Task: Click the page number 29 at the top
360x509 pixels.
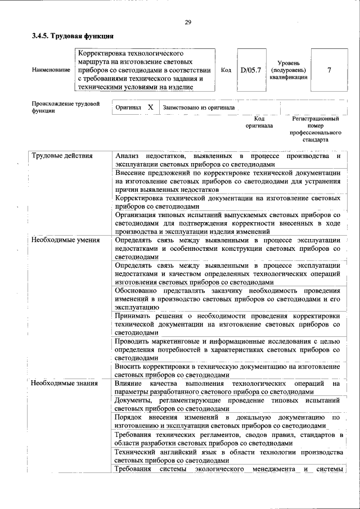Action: pyautogui.click(x=188, y=22)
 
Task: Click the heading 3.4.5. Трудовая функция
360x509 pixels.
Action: pyautogui.click(x=68, y=37)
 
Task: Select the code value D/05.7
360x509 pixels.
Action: pyautogui.click(x=251, y=70)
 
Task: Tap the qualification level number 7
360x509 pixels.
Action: pyautogui.click(x=329, y=70)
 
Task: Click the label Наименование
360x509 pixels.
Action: pyautogui.click(x=51, y=70)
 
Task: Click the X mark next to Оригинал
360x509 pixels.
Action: pyautogui.click(x=150, y=106)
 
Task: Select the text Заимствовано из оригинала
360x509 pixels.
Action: pyautogui.click(x=199, y=107)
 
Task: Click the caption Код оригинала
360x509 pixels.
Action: pyautogui.click(x=259, y=123)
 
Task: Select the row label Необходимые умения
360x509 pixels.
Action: pyautogui.click(x=65, y=240)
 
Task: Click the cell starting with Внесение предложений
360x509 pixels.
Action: pyautogui.click(x=228, y=182)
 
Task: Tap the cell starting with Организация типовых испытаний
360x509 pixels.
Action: pyautogui.click(x=228, y=223)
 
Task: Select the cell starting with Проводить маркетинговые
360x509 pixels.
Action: pyautogui.click(x=228, y=349)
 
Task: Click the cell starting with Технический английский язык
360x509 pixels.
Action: pyautogui.click(x=228, y=456)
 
